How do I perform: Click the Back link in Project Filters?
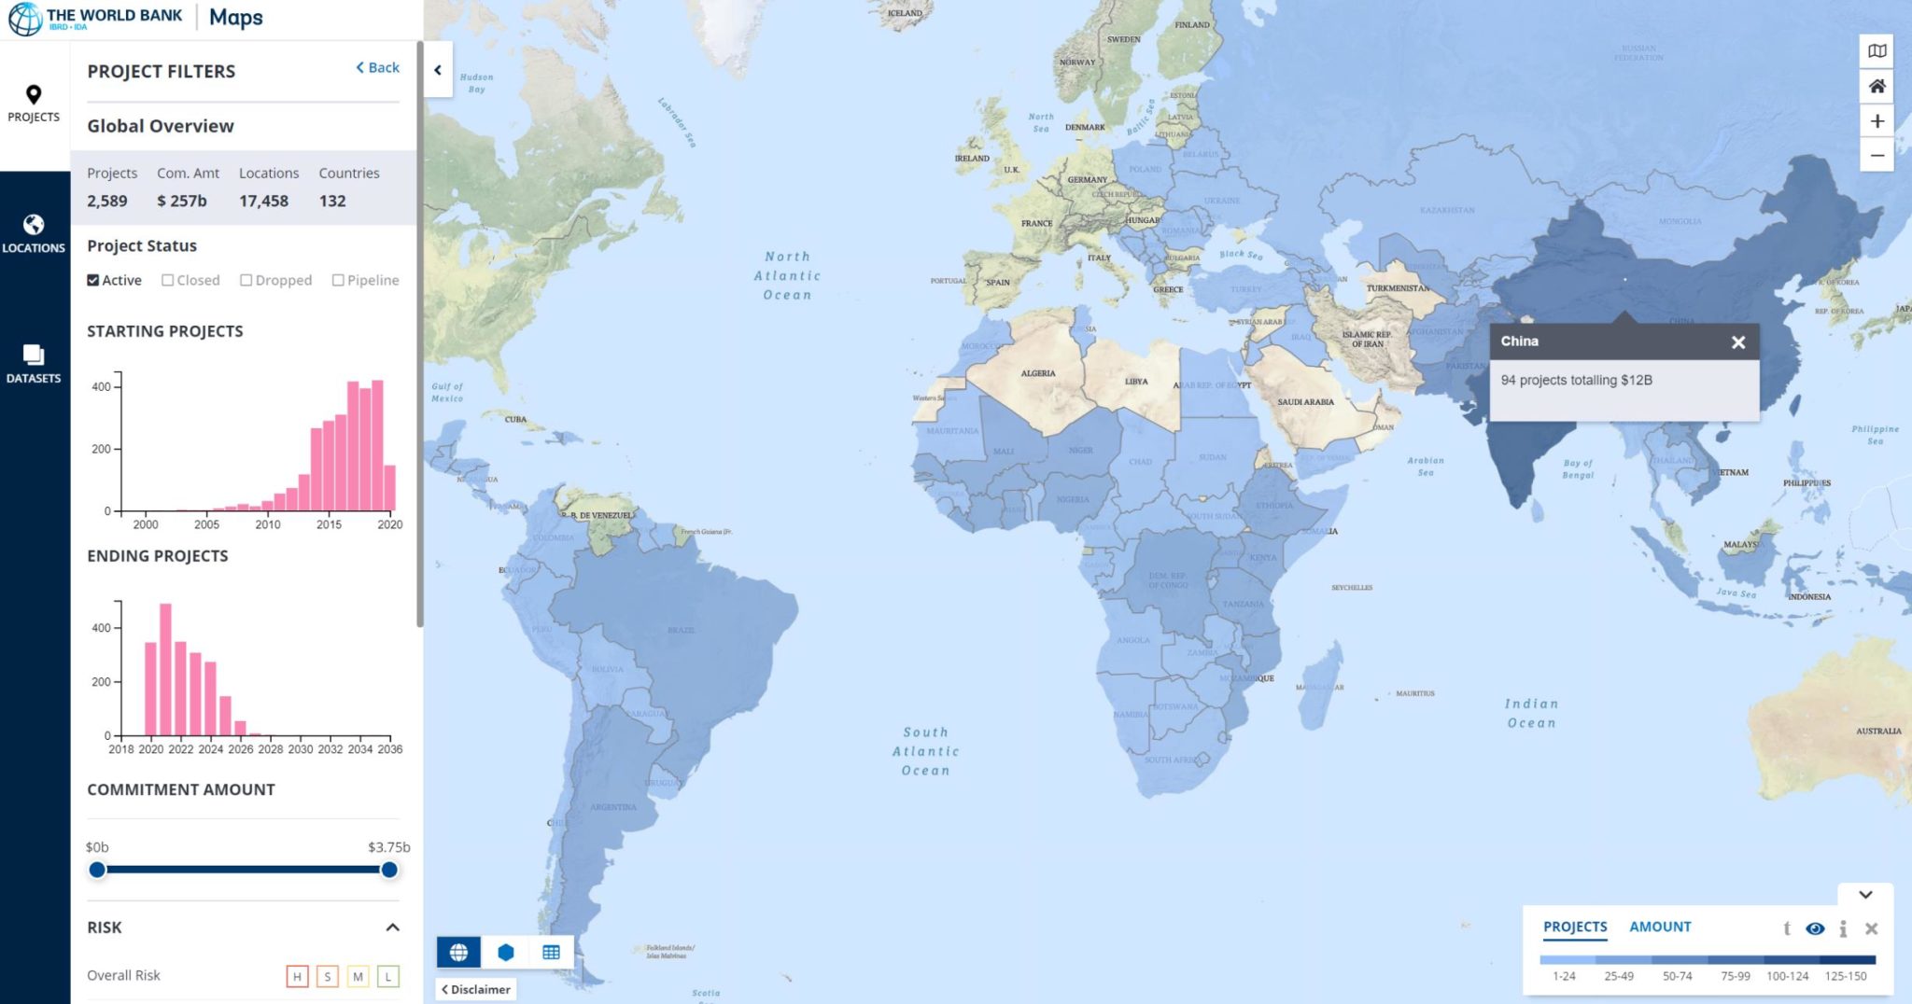[x=378, y=67]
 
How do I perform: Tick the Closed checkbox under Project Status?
[x=168, y=280]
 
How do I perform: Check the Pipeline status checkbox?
[x=338, y=280]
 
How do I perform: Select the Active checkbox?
[x=93, y=280]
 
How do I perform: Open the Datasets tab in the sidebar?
[x=34, y=363]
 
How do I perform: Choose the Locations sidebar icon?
[x=34, y=232]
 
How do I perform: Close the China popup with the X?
[x=1737, y=342]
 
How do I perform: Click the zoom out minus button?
[x=1877, y=156]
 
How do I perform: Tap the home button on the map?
[x=1877, y=87]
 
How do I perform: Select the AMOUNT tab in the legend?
[x=1660, y=927]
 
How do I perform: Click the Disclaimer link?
[x=477, y=989]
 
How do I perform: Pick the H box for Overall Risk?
[x=297, y=976]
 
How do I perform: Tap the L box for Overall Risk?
[x=388, y=976]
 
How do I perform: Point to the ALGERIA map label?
[x=1038, y=373]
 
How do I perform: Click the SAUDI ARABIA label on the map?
[x=1305, y=402]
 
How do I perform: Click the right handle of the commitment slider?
[x=389, y=870]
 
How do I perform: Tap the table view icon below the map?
[x=551, y=952]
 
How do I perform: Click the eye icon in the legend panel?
[x=1815, y=928]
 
